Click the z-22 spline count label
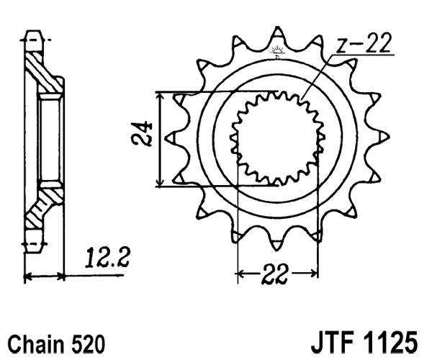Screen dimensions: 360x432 point(363,45)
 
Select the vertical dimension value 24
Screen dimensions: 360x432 point(147,135)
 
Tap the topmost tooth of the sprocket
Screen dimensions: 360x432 point(276,34)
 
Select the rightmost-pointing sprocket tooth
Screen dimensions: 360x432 point(382,135)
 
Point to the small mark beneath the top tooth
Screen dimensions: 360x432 point(276,51)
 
